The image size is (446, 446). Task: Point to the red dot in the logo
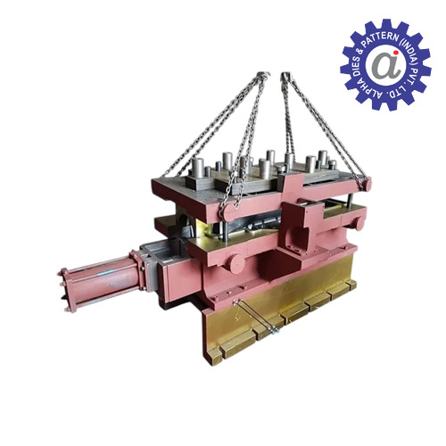coord(396,52)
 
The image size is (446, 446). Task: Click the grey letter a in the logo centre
coord(383,64)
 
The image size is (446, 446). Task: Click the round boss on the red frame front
coord(235,264)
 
